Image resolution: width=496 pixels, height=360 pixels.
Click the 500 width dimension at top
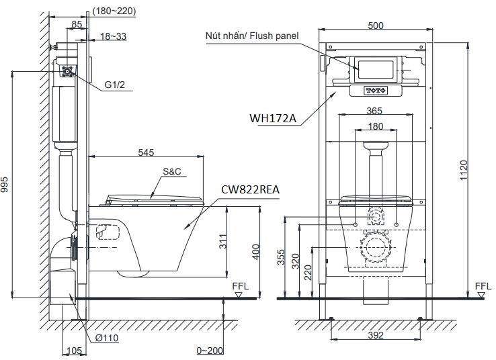376,26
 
